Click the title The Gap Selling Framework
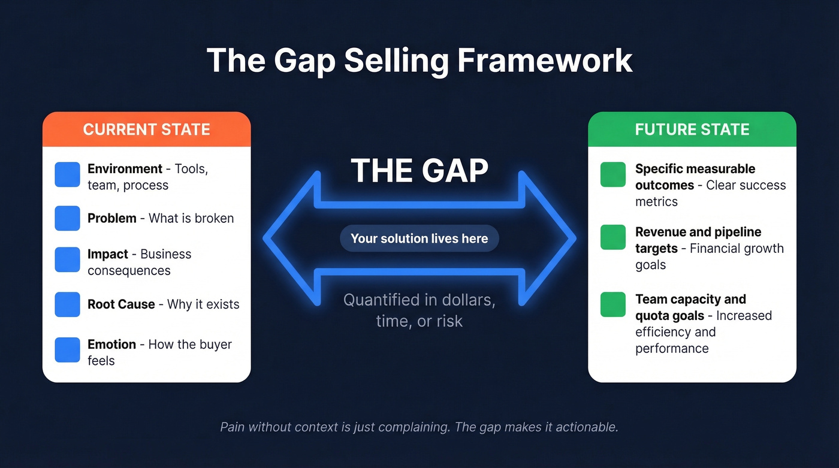[x=419, y=61]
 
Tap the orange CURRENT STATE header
[x=146, y=129]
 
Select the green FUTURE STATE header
[x=692, y=129]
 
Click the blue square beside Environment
[x=67, y=175]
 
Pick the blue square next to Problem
[x=67, y=218]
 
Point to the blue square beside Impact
[x=67, y=260]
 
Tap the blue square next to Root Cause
[x=67, y=304]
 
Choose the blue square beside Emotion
[x=67, y=350]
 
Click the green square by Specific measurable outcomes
[x=613, y=175]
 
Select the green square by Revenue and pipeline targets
[x=613, y=238]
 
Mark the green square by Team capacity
[x=613, y=305]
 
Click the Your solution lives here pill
[x=419, y=238]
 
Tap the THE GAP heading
[x=419, y=171]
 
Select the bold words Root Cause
[x=121, y=304]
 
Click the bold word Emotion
[x=111, y=345]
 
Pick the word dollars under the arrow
[x=467, y=300]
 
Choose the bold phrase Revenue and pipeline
[x=698, y=232]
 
